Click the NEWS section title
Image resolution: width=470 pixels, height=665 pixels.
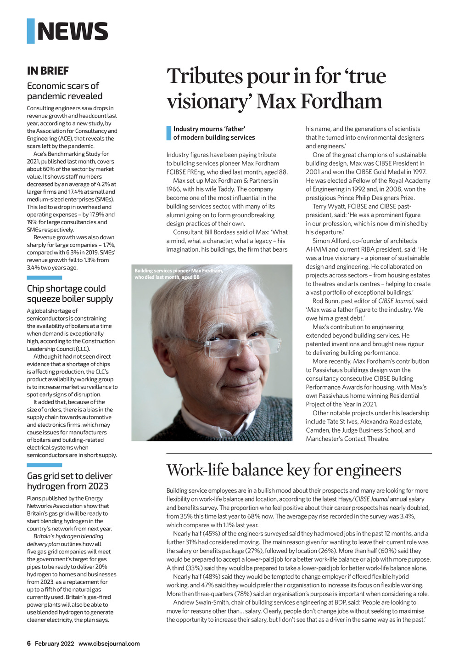pos(73,31)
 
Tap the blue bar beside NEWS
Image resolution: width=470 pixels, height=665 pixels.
pos(31,31)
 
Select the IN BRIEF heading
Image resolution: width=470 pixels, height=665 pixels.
pos(48,71)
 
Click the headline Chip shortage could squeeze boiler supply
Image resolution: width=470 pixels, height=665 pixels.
pos(70,293)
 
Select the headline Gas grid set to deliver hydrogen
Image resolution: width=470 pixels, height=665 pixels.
pos(69,481)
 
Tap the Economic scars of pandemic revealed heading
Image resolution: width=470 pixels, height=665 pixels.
pos(65,91)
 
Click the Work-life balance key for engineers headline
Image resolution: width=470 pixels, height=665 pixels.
pos(284,470)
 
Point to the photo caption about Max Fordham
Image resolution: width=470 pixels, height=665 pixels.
pos(179,274)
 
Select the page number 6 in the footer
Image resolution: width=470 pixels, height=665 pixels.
pos(29,643)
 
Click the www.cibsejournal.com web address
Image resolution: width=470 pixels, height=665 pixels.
pos(109,643)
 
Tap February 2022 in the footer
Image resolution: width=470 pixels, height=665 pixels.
pos(54,643)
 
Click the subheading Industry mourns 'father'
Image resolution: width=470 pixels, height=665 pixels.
pos(209,129)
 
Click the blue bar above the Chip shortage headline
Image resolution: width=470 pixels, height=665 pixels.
pos(44,277)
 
